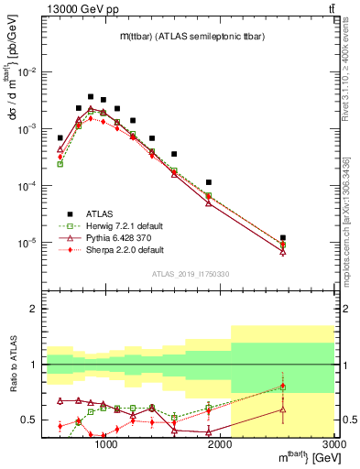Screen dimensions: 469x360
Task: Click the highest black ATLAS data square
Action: (91, 96)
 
